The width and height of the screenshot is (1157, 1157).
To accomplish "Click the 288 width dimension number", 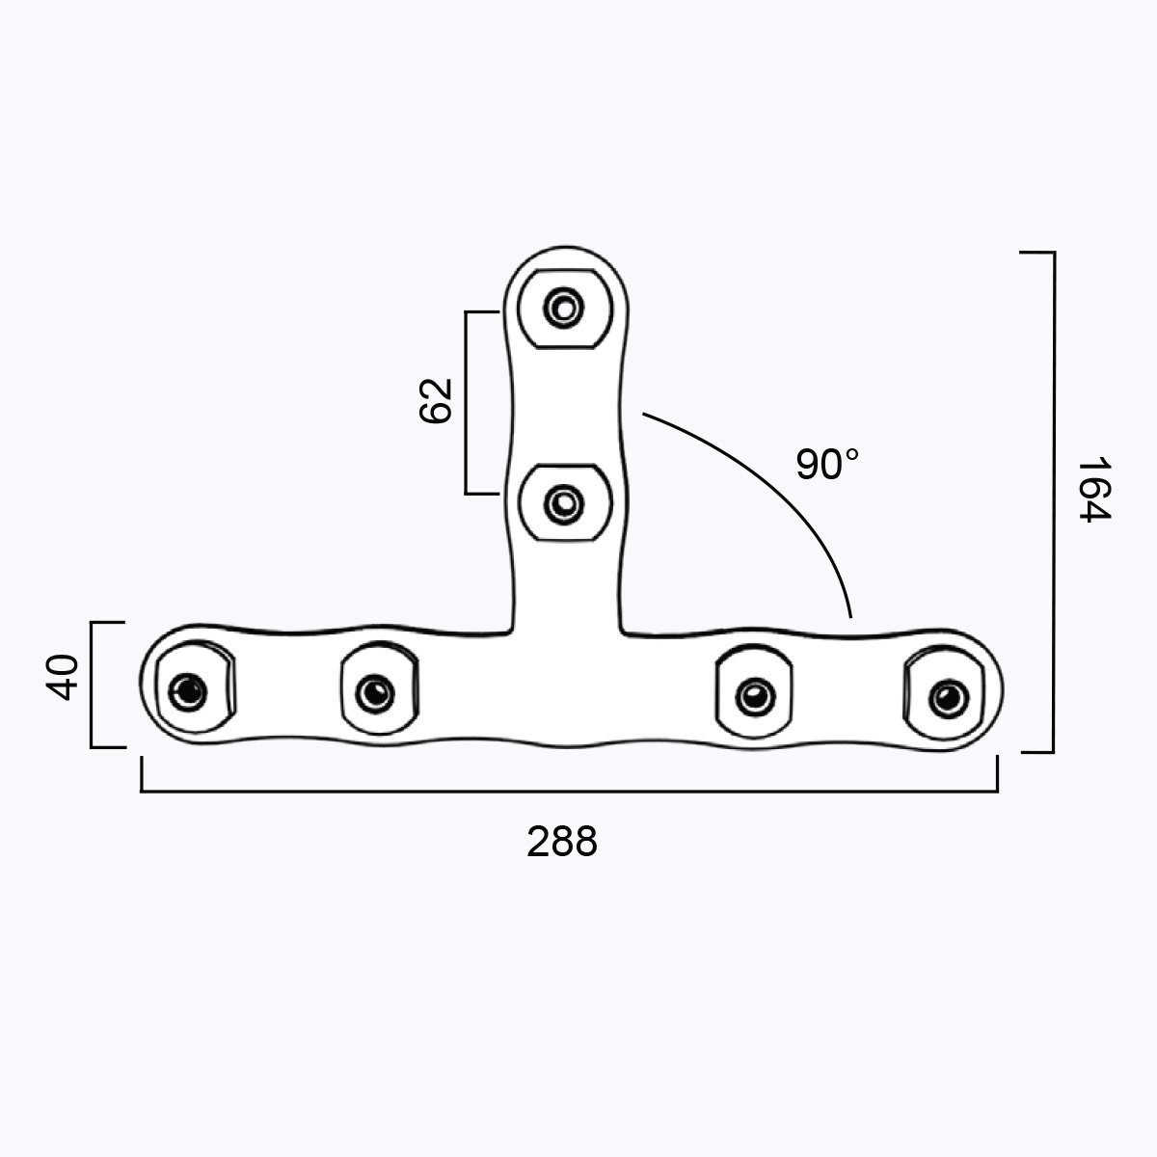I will point(562,842).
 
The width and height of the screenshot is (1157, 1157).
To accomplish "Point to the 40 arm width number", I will point(63,677).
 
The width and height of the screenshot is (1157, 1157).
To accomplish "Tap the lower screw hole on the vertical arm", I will point(563,503).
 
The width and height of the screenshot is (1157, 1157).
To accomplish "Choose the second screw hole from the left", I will point(373,691).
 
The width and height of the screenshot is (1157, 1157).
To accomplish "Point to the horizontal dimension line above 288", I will point(569,792).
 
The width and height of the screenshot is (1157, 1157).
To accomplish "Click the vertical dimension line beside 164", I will point(1053,501).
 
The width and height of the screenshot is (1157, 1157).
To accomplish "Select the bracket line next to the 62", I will point(467,402).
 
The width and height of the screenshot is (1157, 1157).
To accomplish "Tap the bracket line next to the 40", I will point(92,685).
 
